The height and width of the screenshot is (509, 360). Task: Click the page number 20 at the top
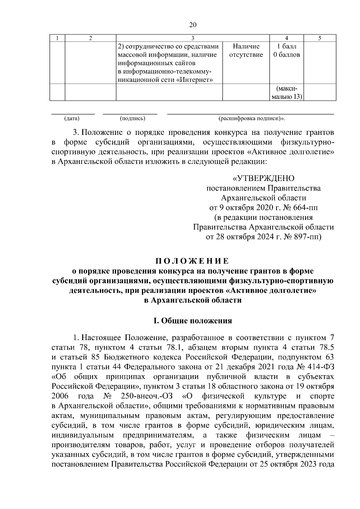click(193, 25)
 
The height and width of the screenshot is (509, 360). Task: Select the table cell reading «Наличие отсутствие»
click(246, 51)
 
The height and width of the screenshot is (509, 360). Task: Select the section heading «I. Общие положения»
click(192, 321)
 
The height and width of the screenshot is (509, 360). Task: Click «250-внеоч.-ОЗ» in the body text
click(147, 396)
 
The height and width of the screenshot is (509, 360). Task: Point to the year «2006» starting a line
click(60, 396)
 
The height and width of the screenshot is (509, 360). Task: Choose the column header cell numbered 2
click(91, 38)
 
